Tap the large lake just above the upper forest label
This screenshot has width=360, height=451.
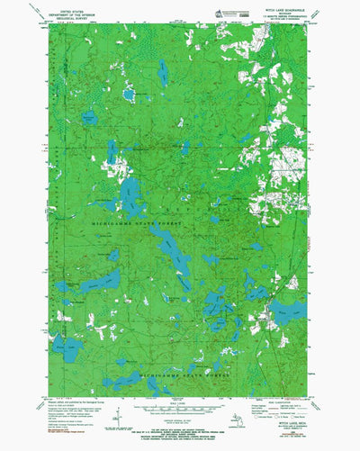click(x=131, y=193)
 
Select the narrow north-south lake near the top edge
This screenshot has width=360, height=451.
click(x=163, y=74)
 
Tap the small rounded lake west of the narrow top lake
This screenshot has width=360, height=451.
click(x=129, y=94)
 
